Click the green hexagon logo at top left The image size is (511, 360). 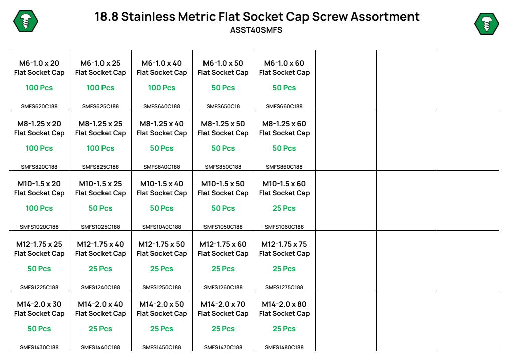pos(26,22)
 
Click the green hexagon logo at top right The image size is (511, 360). pos(486,24)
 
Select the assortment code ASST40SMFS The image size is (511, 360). pos(256,30)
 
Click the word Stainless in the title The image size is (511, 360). pos(148,16)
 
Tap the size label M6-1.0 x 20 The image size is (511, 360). pos(39,63)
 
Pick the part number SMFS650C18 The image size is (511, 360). pos(223,106)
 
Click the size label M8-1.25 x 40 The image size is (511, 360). pos(162,124)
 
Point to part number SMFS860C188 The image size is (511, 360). pos(284,167)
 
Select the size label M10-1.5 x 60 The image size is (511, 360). pos(284,184)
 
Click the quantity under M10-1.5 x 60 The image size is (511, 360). pos(284,208)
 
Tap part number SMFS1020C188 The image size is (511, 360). pos(39,227)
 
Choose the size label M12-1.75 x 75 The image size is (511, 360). pos(284,244)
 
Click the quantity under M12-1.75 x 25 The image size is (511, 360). pos(39,269)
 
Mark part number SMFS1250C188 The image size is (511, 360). pos(162,287)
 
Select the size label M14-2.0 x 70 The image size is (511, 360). pos(223,304)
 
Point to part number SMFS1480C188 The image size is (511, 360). pos(284,347)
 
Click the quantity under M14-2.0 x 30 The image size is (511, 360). pos(39,329)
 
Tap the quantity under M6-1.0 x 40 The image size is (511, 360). pos(162,88)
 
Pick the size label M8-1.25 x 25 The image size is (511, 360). pos(100,124)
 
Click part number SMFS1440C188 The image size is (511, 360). pos(100,347)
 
